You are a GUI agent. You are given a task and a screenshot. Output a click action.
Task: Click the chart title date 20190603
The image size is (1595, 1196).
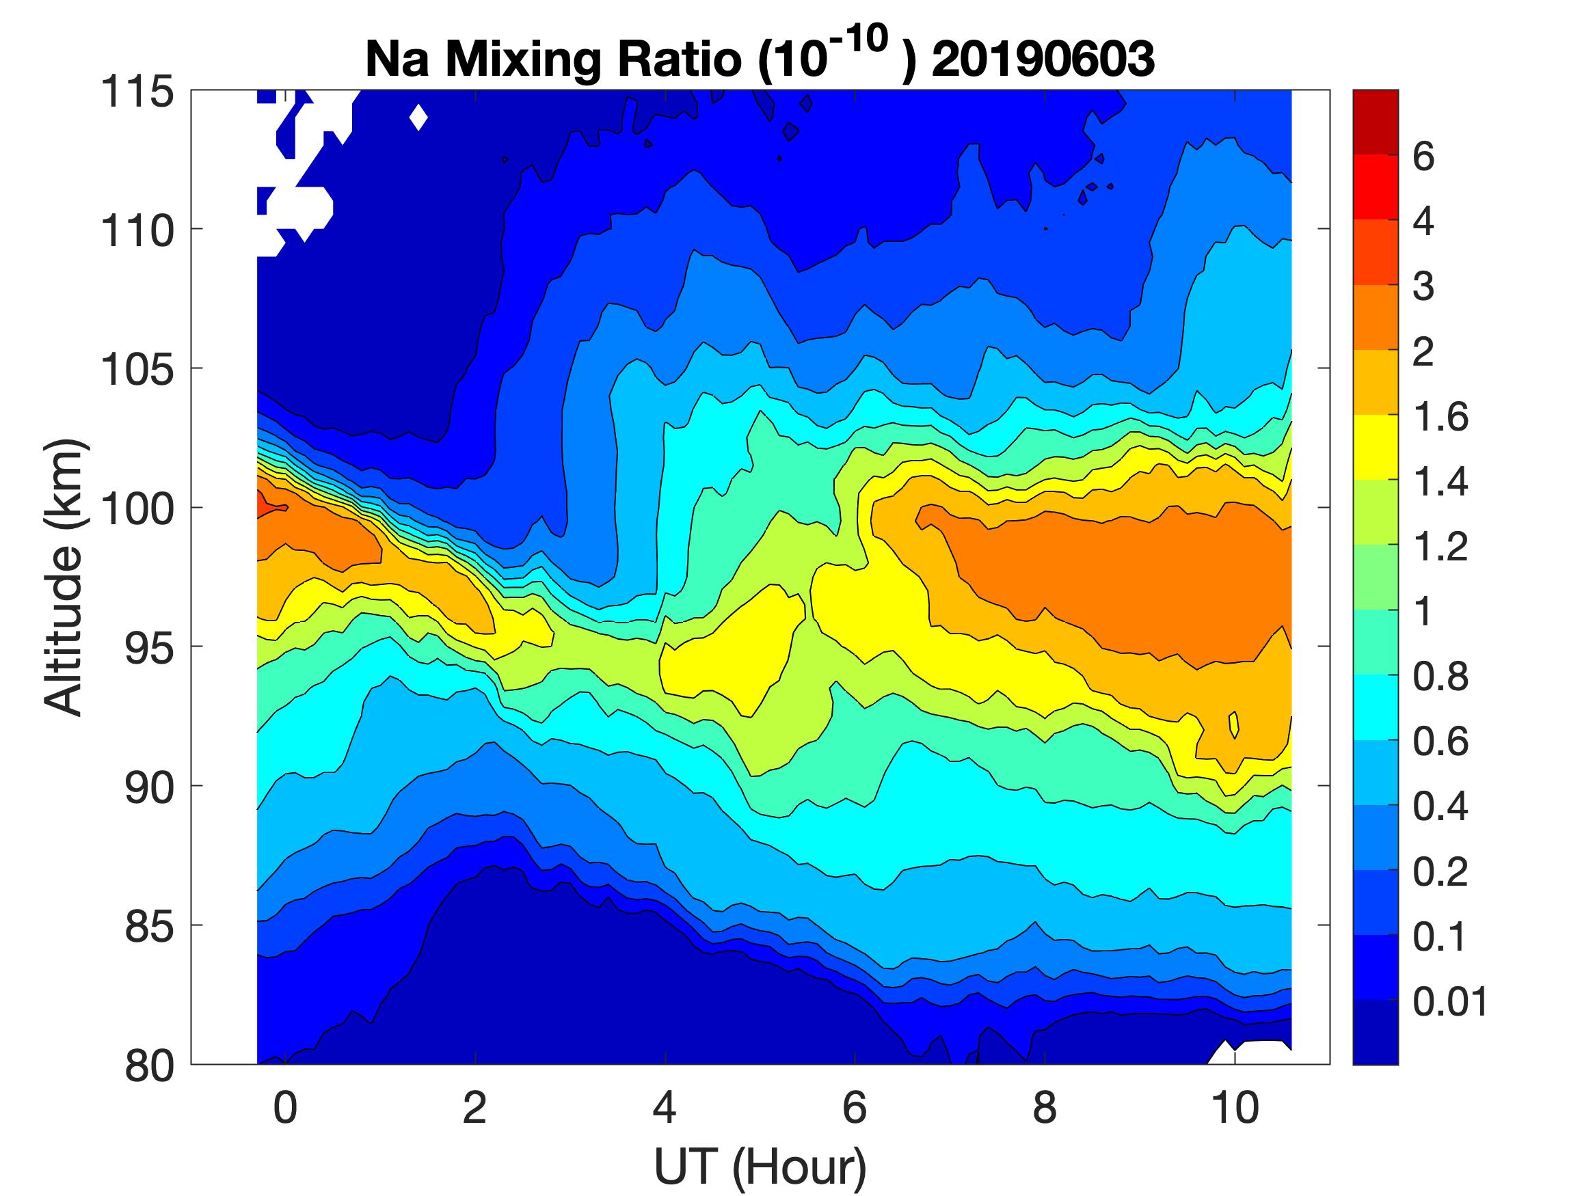pos(1043,59)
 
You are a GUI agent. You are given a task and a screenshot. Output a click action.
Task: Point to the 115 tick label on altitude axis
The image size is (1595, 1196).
pos(137,92)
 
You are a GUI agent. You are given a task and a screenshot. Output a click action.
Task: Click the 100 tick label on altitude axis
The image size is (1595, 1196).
pos(137,508)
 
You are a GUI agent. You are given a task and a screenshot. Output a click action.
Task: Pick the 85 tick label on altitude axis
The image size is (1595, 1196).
pos(149,925)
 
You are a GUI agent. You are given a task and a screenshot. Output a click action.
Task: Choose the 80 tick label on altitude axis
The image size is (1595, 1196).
pos(149,1065)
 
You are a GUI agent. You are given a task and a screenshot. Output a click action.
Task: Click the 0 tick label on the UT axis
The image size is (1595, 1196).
pos(285,1109)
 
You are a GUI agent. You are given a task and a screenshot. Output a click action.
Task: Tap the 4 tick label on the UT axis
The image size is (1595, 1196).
pos(664,1109)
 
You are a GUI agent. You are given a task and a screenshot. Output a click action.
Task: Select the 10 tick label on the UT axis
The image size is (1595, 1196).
pos(1235,1109)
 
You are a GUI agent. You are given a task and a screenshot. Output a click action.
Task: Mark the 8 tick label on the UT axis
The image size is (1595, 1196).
pos(1044,1109)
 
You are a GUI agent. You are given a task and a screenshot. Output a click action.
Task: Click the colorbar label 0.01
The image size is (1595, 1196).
pos(1450,1001)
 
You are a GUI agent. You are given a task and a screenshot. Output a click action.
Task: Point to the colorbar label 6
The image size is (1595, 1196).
pos(1423,157)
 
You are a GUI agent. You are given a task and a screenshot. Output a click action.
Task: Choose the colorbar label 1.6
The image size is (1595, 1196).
pos(1440,417)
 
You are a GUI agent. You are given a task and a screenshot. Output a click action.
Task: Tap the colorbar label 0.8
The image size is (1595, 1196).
pos(1440,677)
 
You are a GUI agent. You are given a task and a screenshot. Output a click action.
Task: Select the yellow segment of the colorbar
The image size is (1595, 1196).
pos(1375,447)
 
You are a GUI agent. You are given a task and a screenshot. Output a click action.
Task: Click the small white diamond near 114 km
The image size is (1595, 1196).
pos(418,118)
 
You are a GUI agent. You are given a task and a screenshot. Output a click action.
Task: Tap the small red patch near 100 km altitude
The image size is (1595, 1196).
pos(264,507)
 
